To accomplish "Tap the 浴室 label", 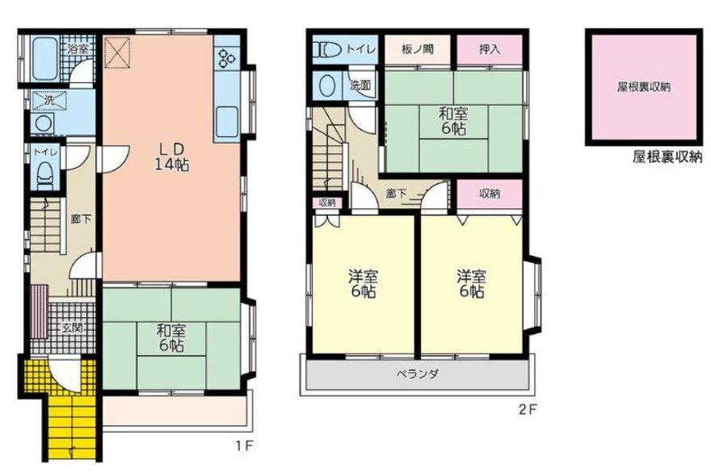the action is coord(78,49).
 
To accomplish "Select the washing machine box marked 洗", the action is coord(49,101).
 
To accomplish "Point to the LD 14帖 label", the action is coord(172,157).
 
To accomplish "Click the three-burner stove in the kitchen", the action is coord(227,57).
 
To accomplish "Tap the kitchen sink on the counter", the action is coord(227,120).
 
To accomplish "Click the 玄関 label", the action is coord(73,327).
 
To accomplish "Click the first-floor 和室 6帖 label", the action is coord(171,338).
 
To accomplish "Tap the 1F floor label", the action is coord(243,446).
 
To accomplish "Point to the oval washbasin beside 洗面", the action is coord(327,86).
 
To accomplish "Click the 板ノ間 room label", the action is coord(417,49).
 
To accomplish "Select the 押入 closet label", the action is coord(490,49).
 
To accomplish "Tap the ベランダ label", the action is coord(417,375).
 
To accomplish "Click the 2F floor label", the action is coord(528,410).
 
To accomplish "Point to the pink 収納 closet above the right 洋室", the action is coord(490,195).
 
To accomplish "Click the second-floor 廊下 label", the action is coord(396,195).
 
